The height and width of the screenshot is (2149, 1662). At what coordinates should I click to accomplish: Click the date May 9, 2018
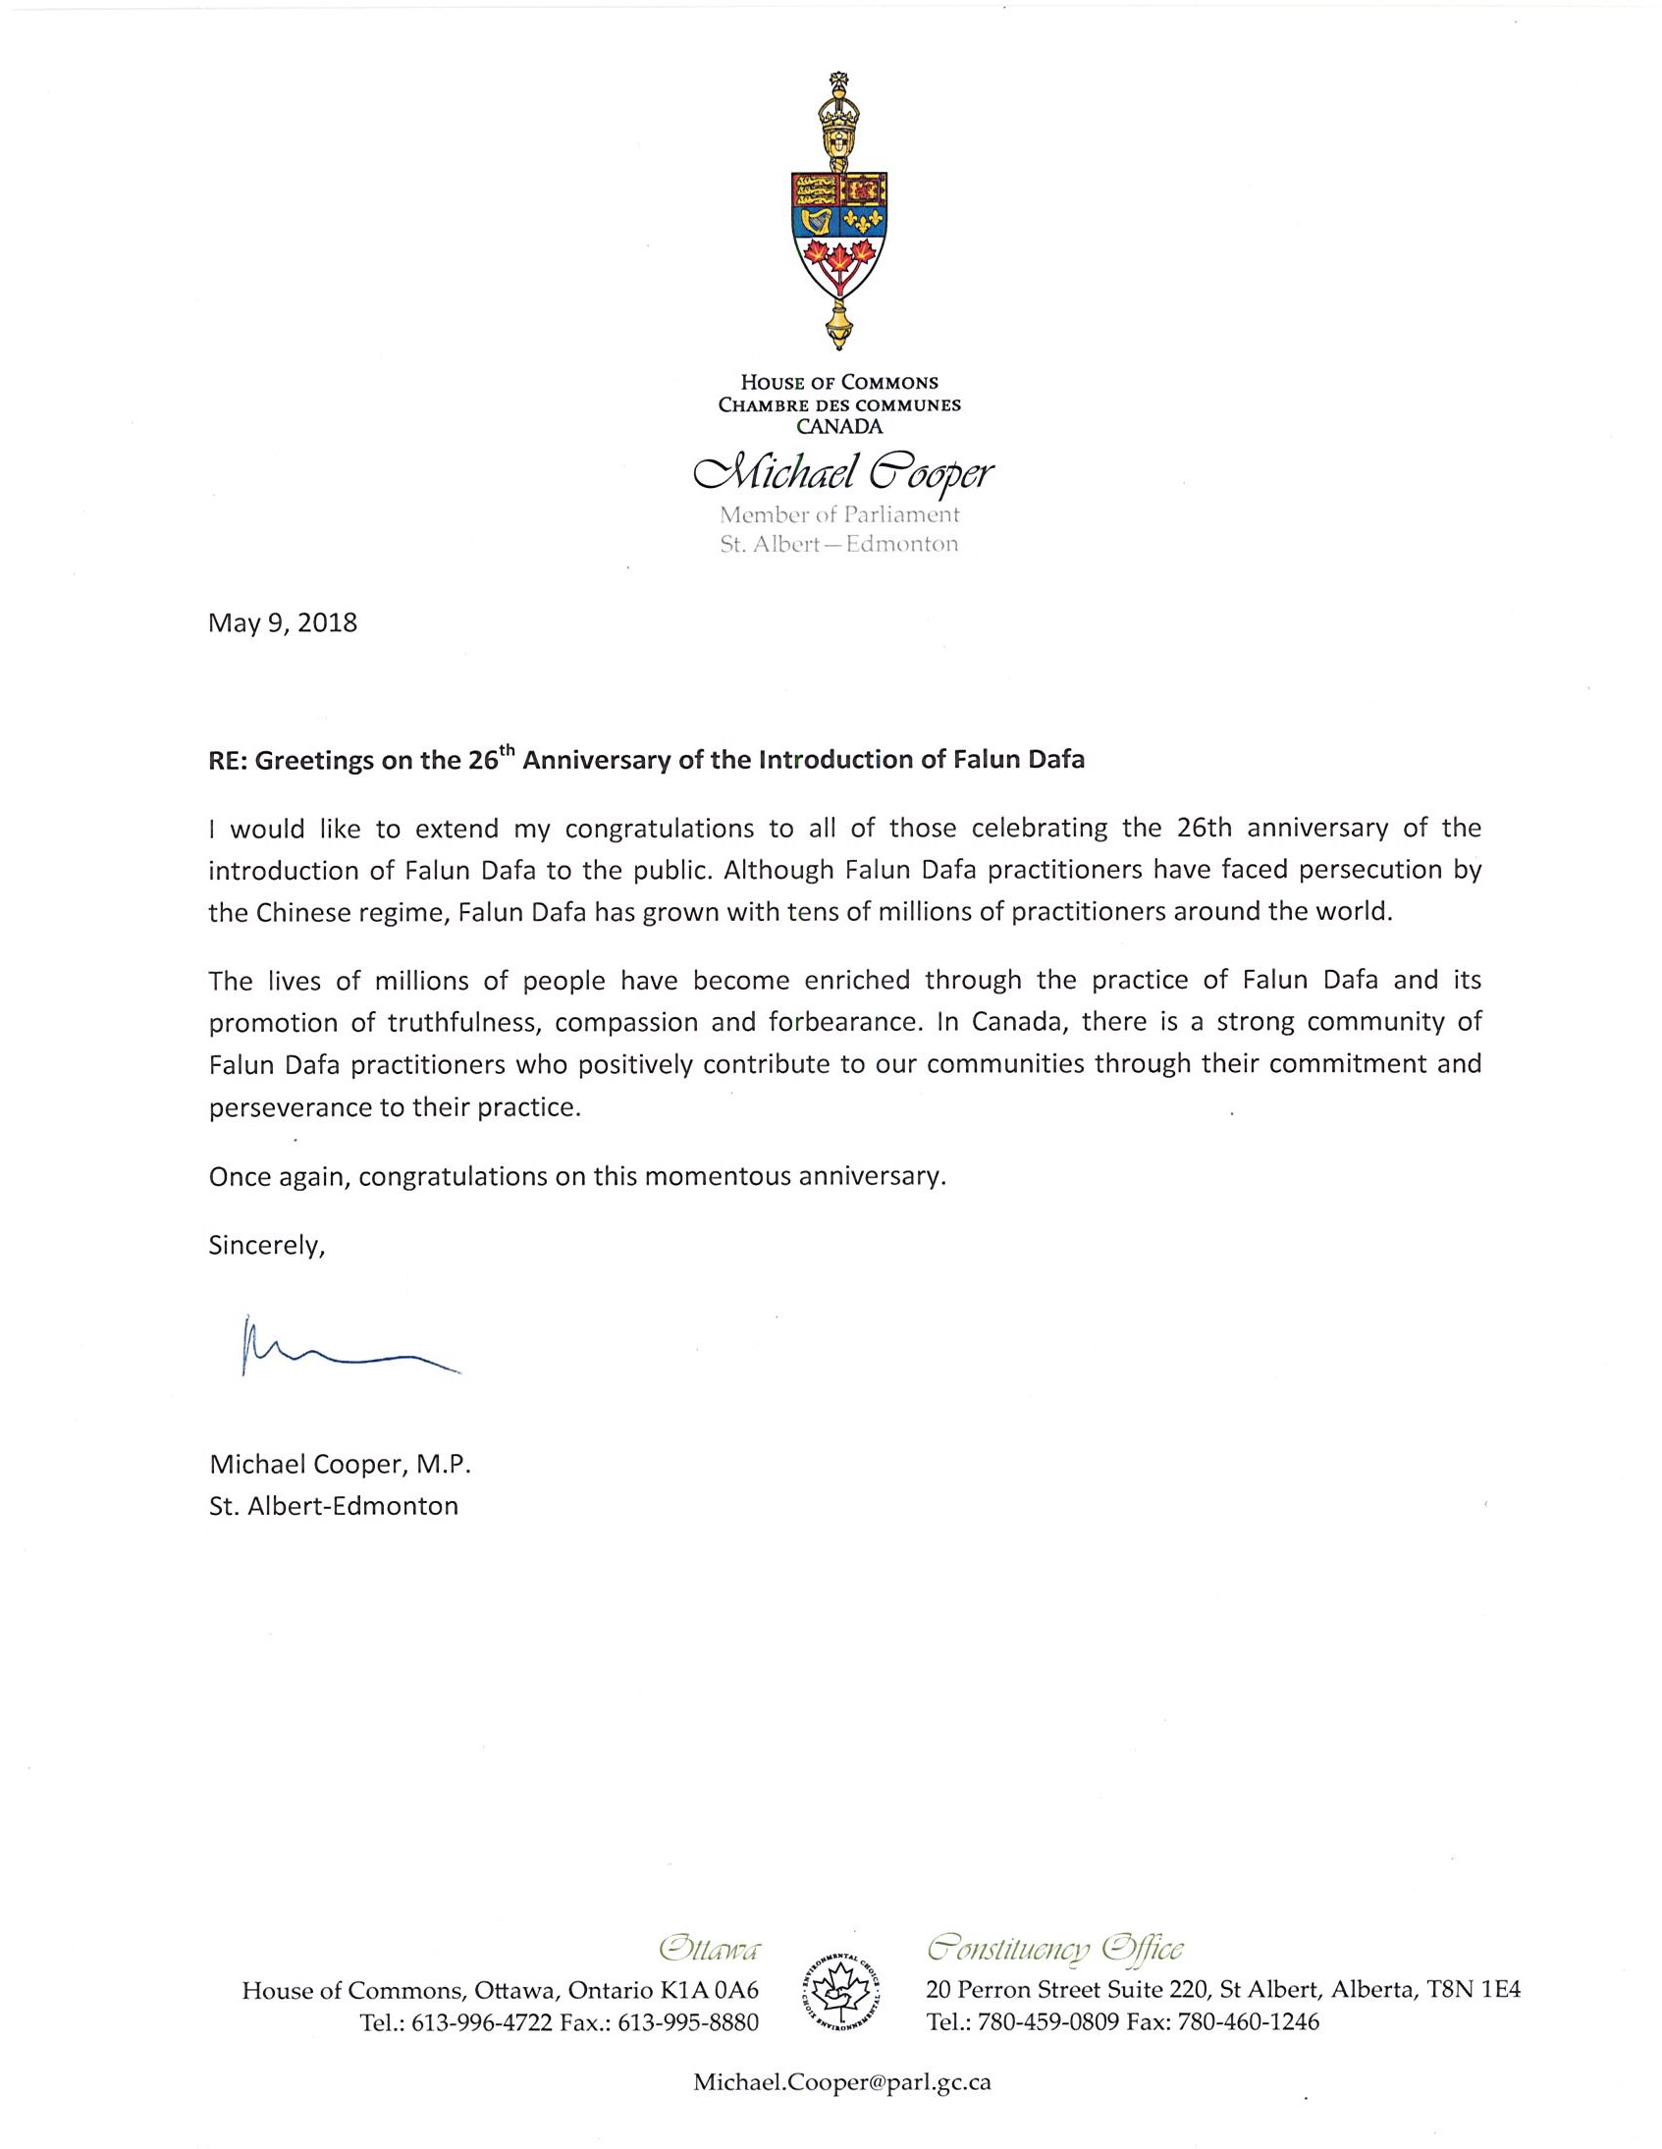point(283,623)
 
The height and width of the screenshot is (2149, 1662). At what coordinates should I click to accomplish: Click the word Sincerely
point(266,1246)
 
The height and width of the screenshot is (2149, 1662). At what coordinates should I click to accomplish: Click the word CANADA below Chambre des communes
point(839,427)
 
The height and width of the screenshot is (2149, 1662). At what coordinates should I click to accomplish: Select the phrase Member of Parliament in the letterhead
point(838,514)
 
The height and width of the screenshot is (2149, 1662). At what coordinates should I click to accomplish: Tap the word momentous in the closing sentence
point(705,1177)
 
